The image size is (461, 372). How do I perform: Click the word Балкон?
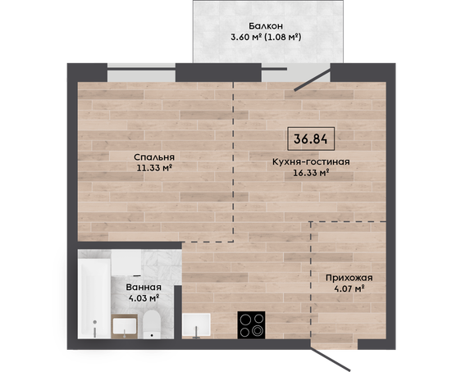(x=266, y=26)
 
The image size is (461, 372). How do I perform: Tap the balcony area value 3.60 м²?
(x=246, y=38)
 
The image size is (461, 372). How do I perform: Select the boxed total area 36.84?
(x=311, y=138)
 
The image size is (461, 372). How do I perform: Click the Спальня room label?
(x=154, y=157)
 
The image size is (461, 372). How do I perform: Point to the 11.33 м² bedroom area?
(x=154, y=168)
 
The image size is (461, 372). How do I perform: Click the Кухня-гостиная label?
(x=311, y=161)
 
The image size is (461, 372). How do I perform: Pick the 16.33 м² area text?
(x=311, y=173)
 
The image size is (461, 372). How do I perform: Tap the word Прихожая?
(x=349, y=278)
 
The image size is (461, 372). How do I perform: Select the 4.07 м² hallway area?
(x=349, y=288)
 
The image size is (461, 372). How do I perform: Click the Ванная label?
(x=144, y=287)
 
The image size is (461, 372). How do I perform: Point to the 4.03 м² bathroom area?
(x=144, y=298)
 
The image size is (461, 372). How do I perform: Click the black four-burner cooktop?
(x=251, y=324)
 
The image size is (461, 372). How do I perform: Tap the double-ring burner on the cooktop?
(x=258, y=331)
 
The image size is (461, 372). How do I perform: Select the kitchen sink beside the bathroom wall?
(x=196, y=325)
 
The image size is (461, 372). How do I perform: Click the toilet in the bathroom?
(x=152, y=324)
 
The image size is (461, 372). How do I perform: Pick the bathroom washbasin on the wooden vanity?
(x=125, y=326)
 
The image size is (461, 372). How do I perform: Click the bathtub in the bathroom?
(x=94, y=297)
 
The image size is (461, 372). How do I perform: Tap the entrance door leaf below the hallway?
(x=331, y=359)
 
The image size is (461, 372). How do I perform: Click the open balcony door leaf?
(x=313, y=79)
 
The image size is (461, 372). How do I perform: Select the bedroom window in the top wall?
(x=141, y=73)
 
